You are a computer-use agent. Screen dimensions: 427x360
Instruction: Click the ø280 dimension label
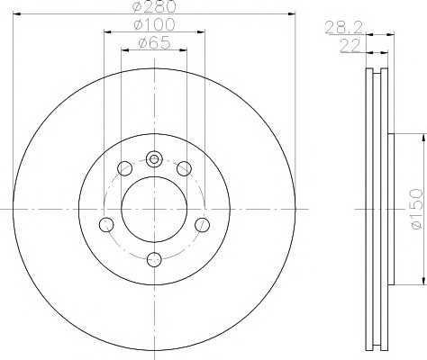point(154,6)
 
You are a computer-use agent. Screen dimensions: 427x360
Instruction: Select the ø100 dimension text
point(154,24)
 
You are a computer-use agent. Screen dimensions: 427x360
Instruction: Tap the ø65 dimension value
point(154,43)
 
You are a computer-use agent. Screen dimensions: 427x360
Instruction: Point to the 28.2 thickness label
point(344,28)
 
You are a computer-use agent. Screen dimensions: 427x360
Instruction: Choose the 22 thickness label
point(350,46)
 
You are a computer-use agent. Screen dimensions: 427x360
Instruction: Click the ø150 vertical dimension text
point(416,209)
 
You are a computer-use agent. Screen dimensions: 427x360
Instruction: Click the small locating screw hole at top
point(154,158)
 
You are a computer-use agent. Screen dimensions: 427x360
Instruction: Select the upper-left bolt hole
point(124,168)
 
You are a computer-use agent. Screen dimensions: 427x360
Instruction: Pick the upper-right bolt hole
point(184,168)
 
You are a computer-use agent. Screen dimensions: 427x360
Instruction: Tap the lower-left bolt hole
point(106,225)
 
